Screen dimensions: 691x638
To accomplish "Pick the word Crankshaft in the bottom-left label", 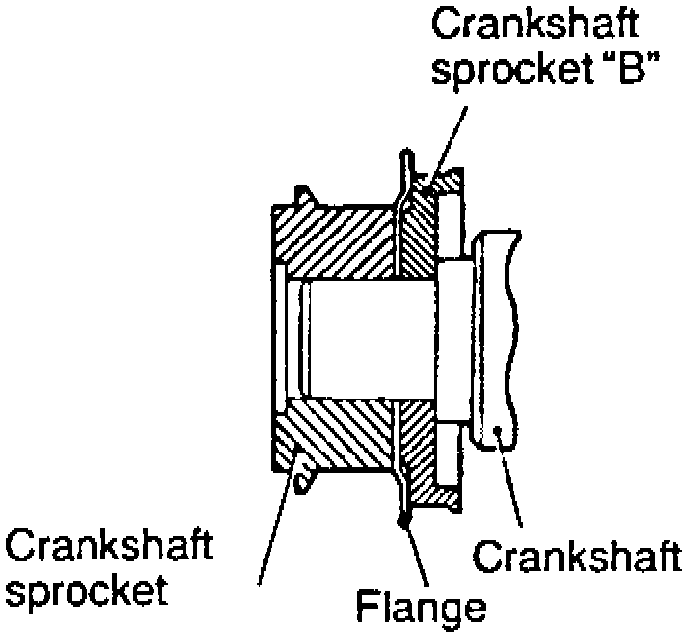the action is pyautogui.click(x=108, y=545).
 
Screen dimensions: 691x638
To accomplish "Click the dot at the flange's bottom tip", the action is pyautogui.click(x=402, y=521).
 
